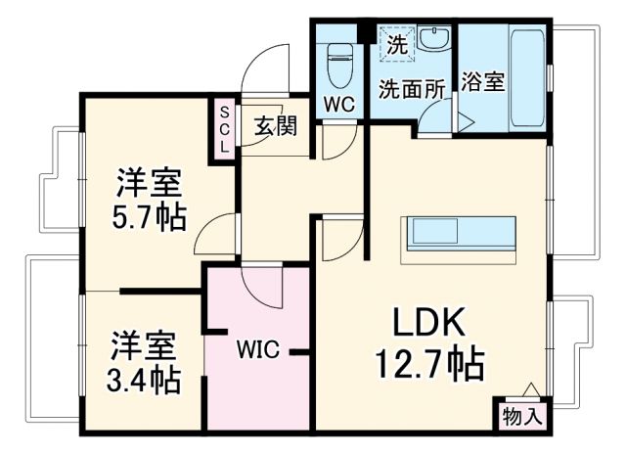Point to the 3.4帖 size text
click(x=144, y=379)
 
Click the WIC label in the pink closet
click(x=257, y=348)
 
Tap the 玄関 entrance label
click(x=277, y=126)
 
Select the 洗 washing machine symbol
click(x=395, y=44)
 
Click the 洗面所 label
click(x=412, y=86)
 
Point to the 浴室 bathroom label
click(x=482, y=82)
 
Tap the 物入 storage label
click(x=521, y=416)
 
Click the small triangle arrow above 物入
click(x=530, y=389)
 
